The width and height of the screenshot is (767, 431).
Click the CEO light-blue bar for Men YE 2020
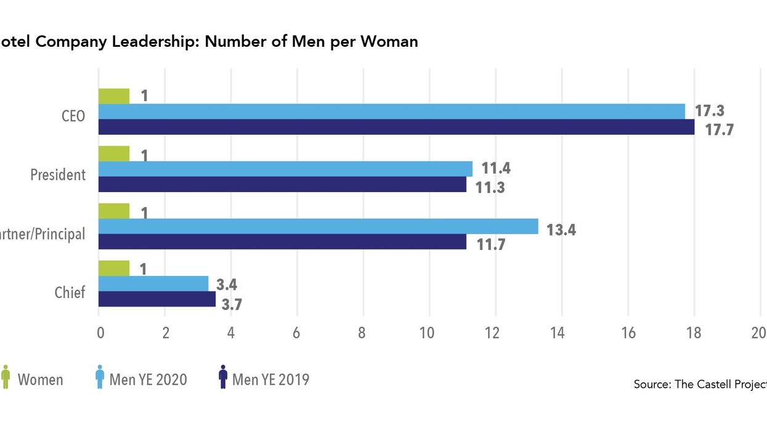[392, 111]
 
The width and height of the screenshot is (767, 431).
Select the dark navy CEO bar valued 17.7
[397, 127]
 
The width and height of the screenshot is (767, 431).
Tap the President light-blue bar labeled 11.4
[285, 169]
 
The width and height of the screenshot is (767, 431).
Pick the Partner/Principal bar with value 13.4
[318, 227]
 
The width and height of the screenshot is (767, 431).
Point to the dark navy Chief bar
[157, 299]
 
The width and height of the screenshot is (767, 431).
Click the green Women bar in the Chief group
[114, 268]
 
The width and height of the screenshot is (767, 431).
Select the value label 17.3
[710, 111]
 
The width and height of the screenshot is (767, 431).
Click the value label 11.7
[490, 245]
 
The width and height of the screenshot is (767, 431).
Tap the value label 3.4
[226, 284]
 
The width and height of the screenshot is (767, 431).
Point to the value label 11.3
[490, 187]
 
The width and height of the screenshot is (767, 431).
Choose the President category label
[59, 175]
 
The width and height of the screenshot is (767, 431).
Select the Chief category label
[70, 292]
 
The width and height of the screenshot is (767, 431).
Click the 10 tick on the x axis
[426, 333]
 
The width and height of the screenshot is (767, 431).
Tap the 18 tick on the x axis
[694, 333]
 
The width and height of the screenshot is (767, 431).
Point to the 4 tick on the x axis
[231, 333]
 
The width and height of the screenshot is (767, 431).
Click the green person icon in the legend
[6, 377]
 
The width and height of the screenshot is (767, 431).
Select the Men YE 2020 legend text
[148, 379]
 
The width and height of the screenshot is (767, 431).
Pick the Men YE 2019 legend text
[270, 379]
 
